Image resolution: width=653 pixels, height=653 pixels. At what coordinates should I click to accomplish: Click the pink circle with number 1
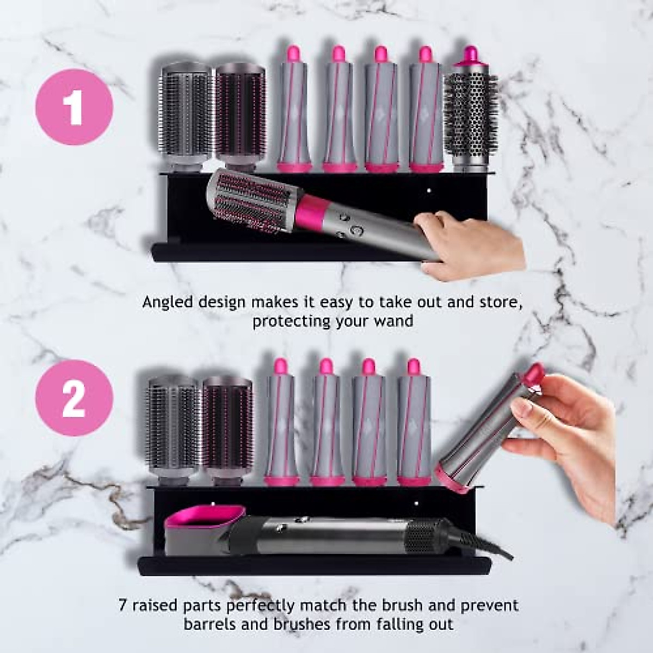pyautogui.click(x=74, y=107)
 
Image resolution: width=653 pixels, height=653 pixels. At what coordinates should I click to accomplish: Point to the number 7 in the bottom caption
pyautogui.click(x=123, y=605)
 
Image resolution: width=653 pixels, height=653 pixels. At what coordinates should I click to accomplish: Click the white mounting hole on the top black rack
pyautogui.click(x=429, y=191)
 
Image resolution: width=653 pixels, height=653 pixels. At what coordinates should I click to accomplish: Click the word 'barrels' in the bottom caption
pyautogui.click(x=210, y=624)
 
